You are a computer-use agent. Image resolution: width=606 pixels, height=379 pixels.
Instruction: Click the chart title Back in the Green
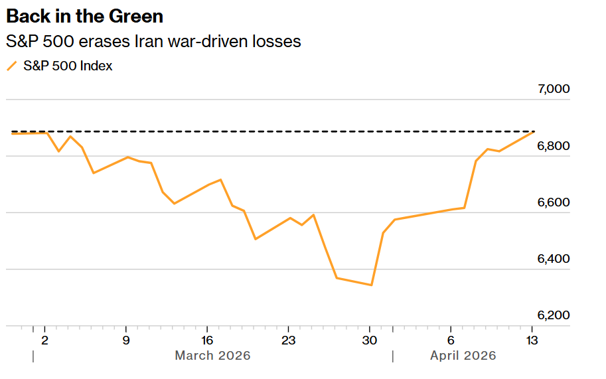tap(84, 16)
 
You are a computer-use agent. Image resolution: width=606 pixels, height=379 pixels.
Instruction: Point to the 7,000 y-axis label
tap(553, 89)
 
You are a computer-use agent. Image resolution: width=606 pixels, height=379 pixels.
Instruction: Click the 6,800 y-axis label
tap(553, 145)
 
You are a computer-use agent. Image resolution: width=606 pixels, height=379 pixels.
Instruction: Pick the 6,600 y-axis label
tap(553, 202)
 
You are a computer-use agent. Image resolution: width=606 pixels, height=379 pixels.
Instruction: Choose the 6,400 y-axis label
tap(553, 258)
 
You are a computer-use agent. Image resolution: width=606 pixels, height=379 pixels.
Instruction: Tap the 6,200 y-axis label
tap(553, 315)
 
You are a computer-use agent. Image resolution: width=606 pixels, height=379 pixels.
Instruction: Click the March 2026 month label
tap(212, 356)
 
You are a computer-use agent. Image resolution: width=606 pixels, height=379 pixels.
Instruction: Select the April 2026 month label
tap(463, 356)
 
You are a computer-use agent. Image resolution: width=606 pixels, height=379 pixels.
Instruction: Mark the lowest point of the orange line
tap(371, 285)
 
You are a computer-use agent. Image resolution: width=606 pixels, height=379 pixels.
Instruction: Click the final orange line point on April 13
tap(532, 133)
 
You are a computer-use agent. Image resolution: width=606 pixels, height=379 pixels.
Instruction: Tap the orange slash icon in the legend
tap(11, 66)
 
